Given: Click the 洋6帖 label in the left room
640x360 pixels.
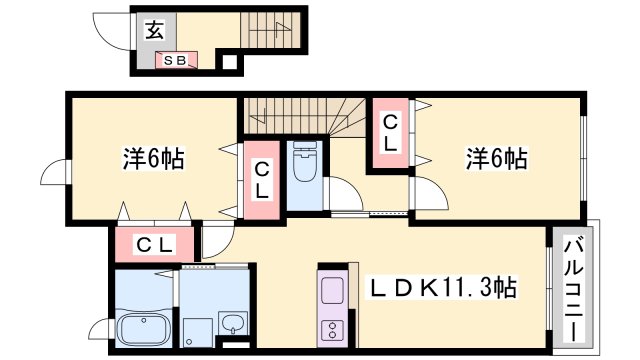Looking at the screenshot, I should pos(151,158).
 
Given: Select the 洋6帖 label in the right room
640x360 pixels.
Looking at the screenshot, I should pos(494,158).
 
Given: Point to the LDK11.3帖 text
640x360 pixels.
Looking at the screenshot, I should pos(444,290).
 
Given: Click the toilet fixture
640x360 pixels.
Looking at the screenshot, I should pos(303,166).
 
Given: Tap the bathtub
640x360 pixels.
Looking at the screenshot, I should pos(145,329).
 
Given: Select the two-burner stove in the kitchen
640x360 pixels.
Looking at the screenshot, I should pos(332,330).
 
